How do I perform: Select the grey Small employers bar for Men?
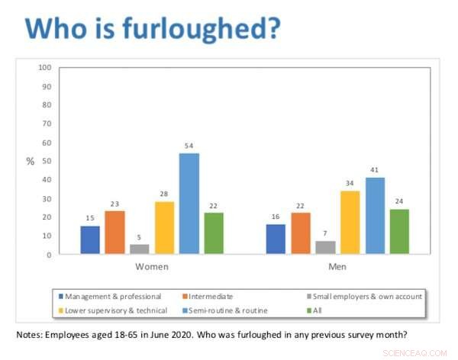[326, 248]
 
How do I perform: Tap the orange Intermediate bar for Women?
[114, 233]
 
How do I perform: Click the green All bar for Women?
[214, 233]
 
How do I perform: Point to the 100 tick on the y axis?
[44, 68]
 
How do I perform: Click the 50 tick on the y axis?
[46, 161]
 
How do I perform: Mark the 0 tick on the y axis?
[49, 255]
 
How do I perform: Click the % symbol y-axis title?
[31, 162]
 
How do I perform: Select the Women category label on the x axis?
[152, 267]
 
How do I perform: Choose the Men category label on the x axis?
[337, 267]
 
